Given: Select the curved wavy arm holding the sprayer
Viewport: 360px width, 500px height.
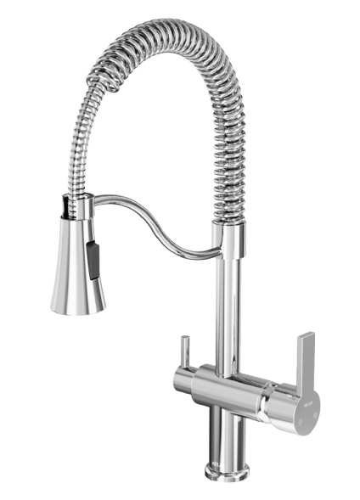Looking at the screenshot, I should (x=153, y=229).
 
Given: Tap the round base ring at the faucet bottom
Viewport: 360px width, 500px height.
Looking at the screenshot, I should (x=226, y=466).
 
